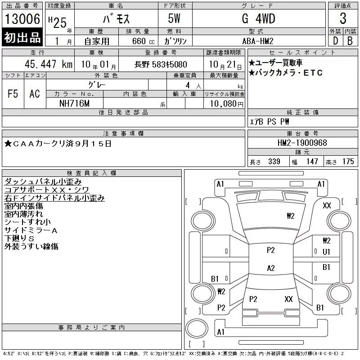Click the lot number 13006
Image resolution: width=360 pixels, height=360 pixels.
click(x=22, y=19)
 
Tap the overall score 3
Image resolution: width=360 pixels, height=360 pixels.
click(x=343, y=18)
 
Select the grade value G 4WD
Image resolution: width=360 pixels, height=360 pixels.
click(x=258, y=18)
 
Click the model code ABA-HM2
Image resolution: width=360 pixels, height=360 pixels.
click(x=258, y=41)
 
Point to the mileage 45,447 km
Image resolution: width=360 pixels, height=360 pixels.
click(x=49, y=64)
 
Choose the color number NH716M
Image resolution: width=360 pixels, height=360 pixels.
click(x=74, y=103)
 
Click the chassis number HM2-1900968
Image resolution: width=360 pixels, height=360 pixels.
click(x=302, y=143)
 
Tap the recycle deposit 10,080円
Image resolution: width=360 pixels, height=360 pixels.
click(x=226, y=104)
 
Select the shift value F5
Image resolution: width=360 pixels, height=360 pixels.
click(x=13, y=94)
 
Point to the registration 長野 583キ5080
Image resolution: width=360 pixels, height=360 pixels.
click(x=161, y=64)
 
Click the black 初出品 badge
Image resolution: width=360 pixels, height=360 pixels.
click(x=22, y=37)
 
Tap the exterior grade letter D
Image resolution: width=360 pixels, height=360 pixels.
click(x=335, y=41)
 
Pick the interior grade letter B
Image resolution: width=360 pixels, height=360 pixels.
click(x=350, y=41)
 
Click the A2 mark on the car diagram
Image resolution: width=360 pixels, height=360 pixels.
click(x=271, y=268)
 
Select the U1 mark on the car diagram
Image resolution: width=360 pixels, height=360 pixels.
click(x=326, y=252)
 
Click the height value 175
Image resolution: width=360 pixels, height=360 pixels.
click(x=348, y=162)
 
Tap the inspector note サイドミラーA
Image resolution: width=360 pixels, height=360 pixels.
click(x=31, y=230)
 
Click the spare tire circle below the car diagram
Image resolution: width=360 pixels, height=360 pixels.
click(x=197, y=328)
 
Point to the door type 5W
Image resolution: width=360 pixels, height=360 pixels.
click(x=174, y=18)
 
